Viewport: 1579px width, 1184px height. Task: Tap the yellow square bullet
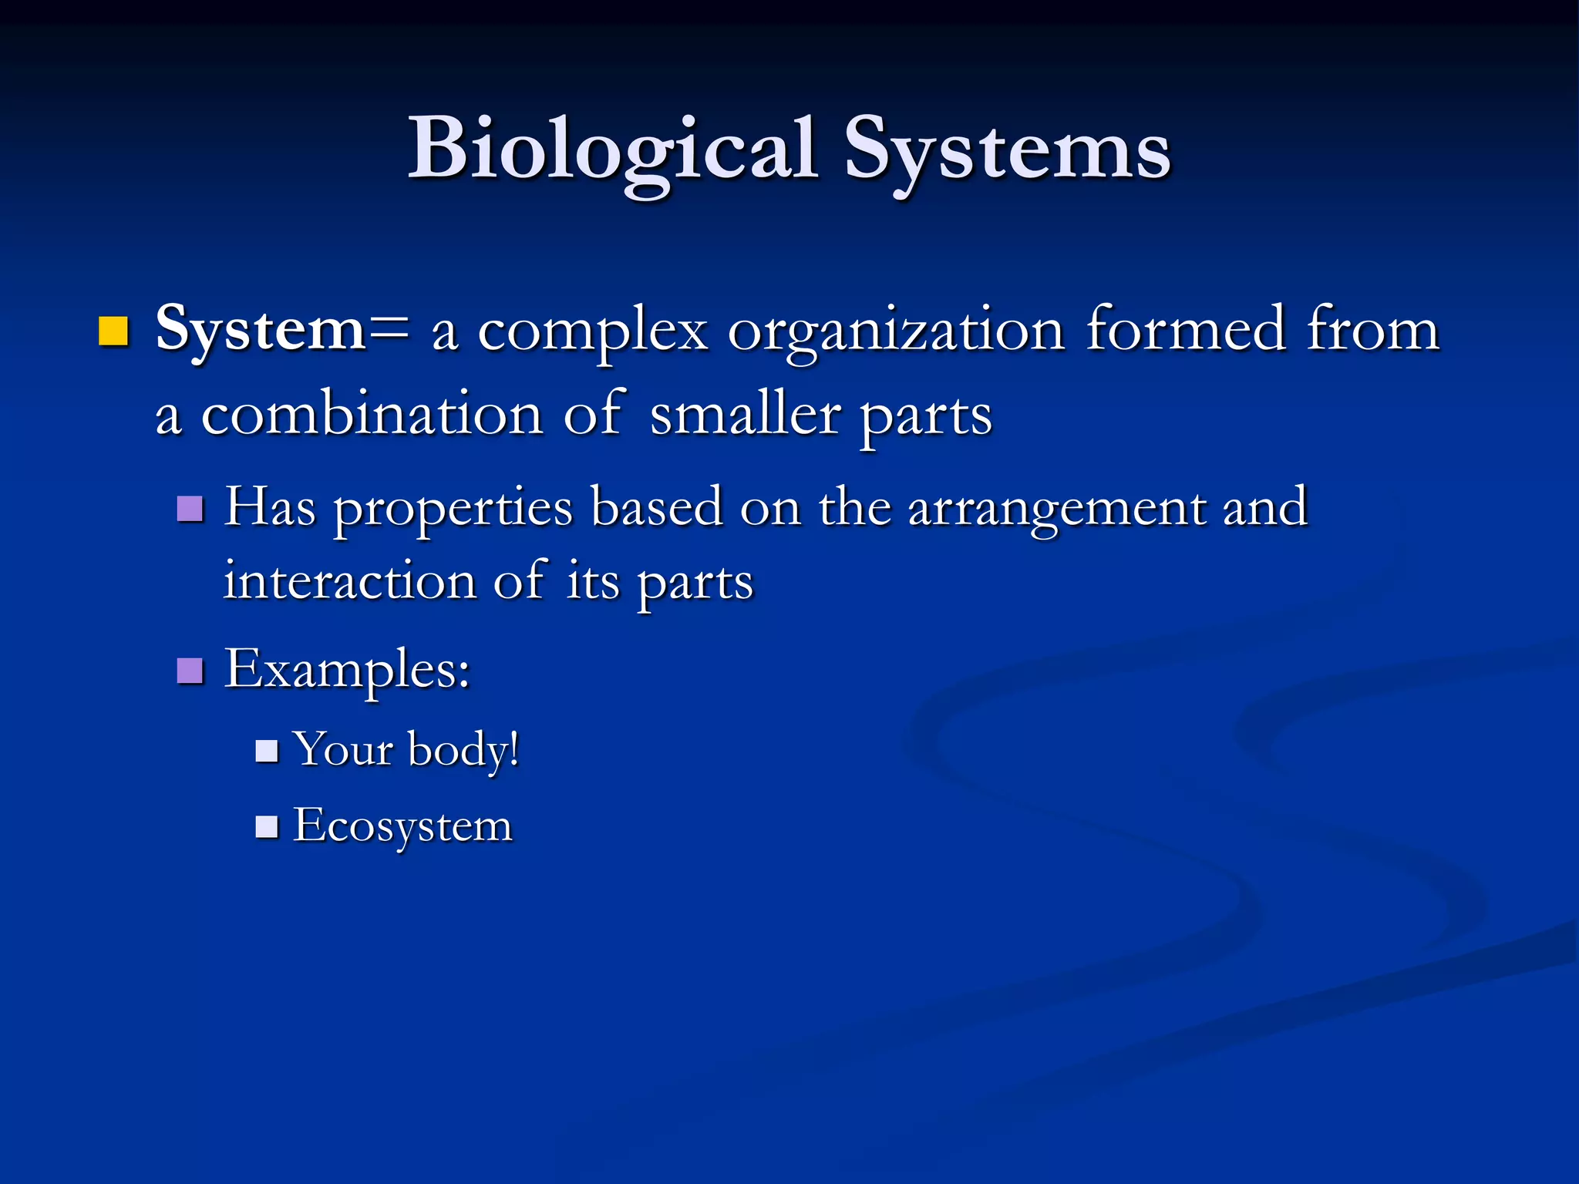click(113, 331)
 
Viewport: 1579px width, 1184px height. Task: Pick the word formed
click(1186, 329)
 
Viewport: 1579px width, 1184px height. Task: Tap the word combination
click(372, 415)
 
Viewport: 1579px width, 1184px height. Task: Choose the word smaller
click(745, 415)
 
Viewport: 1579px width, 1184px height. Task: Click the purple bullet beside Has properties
click(190, 509)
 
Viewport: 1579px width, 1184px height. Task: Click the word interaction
click(349, 581)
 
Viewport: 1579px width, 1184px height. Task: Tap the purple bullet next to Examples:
click(190, 671)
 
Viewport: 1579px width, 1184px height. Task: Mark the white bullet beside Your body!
click(267, 751)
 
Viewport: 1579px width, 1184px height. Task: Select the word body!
click(463, 750)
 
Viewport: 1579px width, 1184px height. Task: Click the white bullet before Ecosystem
click(267, 827)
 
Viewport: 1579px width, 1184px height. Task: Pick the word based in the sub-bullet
click(656, 509)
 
